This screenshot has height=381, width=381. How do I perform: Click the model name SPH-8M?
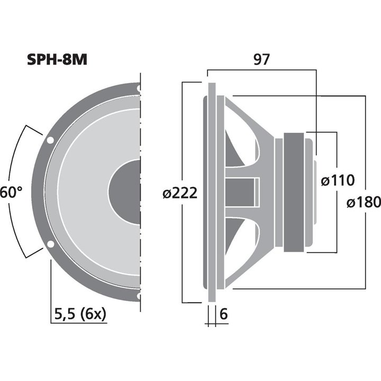tap(57, 59)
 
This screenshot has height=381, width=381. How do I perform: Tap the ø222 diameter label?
tap(180, 194)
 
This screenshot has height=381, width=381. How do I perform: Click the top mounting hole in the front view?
tap(139, 88)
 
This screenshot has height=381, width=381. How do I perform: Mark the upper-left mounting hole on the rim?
tap(50, 140)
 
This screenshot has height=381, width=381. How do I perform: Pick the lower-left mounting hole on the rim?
tap(50, 244)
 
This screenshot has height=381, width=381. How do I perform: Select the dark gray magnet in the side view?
tap(294, 192)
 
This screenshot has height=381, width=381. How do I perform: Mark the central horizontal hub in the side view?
tap(243, 192)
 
